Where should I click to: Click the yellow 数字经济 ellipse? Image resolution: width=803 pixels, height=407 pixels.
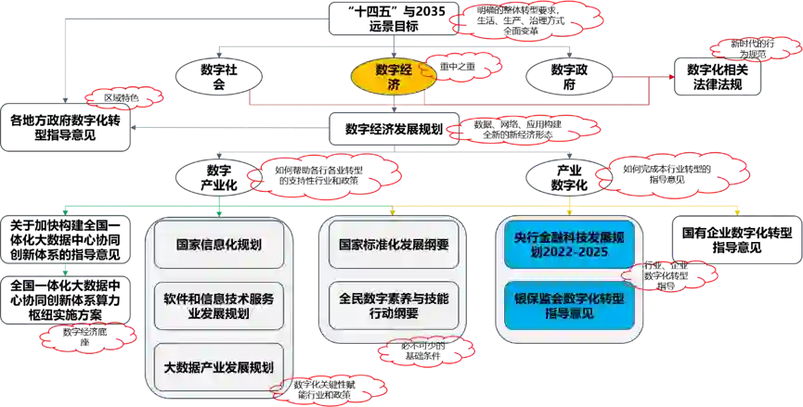tap(393, 76)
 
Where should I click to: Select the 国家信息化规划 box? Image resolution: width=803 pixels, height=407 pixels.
tap(218, 246)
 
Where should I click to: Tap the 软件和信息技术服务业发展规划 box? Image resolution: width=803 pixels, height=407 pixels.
tap(218, 305)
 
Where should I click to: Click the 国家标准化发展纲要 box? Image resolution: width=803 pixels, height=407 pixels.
tap(394, 246)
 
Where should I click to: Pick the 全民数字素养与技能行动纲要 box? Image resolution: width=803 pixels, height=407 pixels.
tap(394, 305)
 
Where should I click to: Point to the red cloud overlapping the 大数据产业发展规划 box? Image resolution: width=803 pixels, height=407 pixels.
tap(316, 388)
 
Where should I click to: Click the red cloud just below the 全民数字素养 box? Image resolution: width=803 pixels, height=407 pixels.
tap(427, 350)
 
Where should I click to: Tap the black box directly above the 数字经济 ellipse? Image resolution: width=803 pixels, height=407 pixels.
tap(393, 18)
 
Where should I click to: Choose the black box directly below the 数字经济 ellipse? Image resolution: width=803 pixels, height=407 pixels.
tap(393, 130)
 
